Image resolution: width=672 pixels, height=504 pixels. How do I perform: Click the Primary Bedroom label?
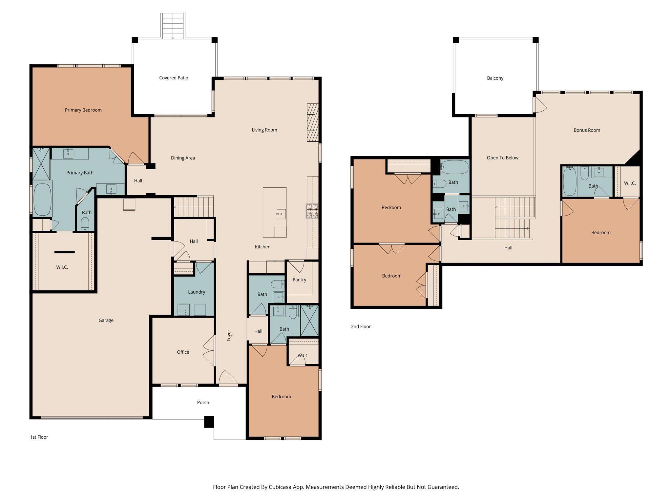click(x=83, y=110)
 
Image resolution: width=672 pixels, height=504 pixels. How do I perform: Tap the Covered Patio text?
click(x=174, y=78)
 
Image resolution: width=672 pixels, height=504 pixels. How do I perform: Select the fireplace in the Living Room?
click(x=313, y=123)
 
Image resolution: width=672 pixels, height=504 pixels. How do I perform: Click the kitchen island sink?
click(x=281, y=214)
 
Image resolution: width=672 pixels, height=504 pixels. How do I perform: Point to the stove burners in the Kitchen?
click(x=312, y=211)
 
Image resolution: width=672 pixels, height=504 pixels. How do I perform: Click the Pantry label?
click(x=299, y=280)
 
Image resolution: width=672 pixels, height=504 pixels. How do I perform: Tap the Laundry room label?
click(x=197, y=292)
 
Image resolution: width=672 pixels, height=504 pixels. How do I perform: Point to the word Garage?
click(x=106, y=320)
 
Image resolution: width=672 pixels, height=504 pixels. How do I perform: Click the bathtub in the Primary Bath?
click(x=42, y=199)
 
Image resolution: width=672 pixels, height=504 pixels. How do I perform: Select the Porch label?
click(x=203, y=402)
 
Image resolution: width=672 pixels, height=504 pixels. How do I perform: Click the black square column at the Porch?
click(x=209, y=422)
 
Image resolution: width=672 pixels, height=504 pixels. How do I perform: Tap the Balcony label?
click(x=495, y=78)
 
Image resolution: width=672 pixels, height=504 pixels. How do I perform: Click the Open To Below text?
click(x=502, y=158)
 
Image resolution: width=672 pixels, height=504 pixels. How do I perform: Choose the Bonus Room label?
click(x=587, y=130)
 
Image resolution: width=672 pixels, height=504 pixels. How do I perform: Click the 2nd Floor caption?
click(x=361, y=326)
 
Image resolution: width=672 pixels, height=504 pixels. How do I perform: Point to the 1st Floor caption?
click(x=39, y=437)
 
